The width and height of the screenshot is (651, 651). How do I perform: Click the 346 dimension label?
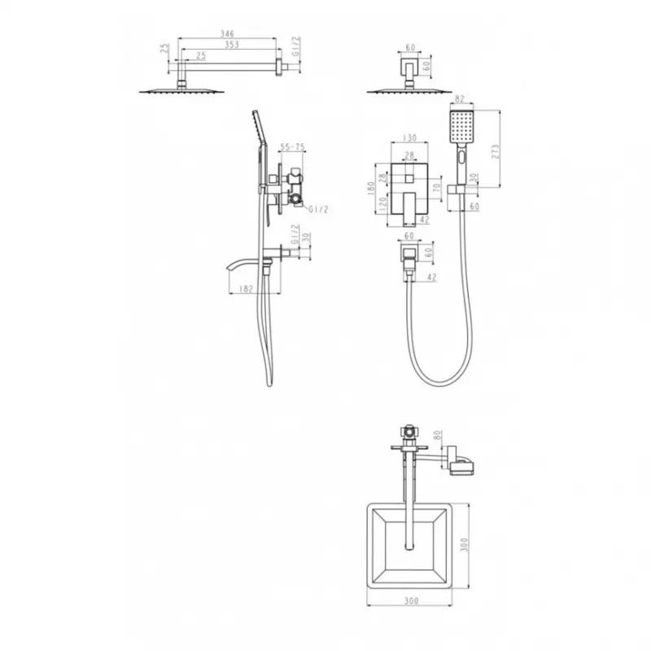tap(227, 33)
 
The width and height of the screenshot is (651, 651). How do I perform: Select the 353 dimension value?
tap(232, 45)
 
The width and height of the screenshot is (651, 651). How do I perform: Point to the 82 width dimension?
tap(459, 98)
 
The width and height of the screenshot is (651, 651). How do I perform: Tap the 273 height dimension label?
tap(496, 151)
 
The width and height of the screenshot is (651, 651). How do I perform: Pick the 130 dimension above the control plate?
tap(409, 138)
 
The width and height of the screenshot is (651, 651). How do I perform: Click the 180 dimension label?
tap(371, 188)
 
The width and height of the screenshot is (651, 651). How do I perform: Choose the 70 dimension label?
tap(436, 188)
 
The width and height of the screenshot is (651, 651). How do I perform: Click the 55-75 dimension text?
tap(292, 147)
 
